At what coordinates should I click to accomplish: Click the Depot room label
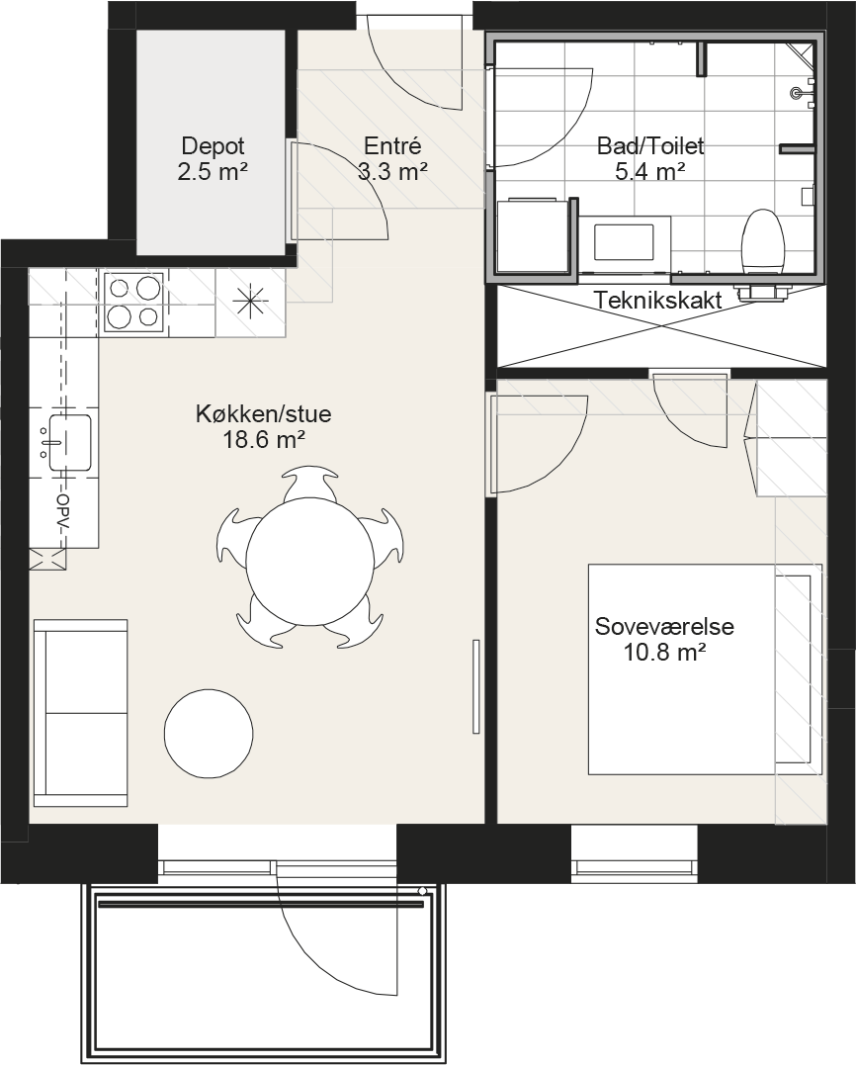214,146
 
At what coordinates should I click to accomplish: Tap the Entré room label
393,146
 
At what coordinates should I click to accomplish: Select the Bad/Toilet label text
650,146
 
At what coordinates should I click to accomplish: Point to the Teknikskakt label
658,301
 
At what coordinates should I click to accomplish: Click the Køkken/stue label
263,413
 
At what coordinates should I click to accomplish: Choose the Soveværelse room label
664,626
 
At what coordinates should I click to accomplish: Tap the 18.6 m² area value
263,440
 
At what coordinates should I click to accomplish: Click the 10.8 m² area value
664,653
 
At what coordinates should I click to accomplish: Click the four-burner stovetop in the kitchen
133,302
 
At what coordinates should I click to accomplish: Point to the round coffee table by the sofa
209,733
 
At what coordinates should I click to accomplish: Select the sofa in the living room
80,713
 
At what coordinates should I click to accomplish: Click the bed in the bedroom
706,669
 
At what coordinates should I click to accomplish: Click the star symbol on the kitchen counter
249,301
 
